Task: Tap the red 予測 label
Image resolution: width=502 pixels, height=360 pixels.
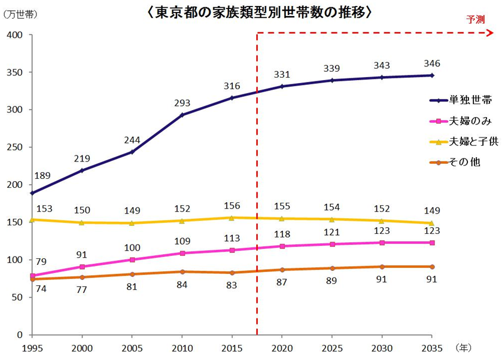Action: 476,19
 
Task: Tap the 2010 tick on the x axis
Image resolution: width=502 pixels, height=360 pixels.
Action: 182,347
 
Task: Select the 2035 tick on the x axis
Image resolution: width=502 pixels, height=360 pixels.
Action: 431,347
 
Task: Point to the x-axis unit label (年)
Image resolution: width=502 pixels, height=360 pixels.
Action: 463,347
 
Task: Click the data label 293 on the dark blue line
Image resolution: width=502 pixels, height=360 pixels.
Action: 182,103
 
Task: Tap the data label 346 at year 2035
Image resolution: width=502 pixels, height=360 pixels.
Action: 431,63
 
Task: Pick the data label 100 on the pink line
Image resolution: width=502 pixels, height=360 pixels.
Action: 132,248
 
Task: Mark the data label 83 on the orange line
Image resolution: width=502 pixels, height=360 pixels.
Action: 232,285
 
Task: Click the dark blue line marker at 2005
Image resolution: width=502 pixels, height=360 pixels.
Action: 132,152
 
